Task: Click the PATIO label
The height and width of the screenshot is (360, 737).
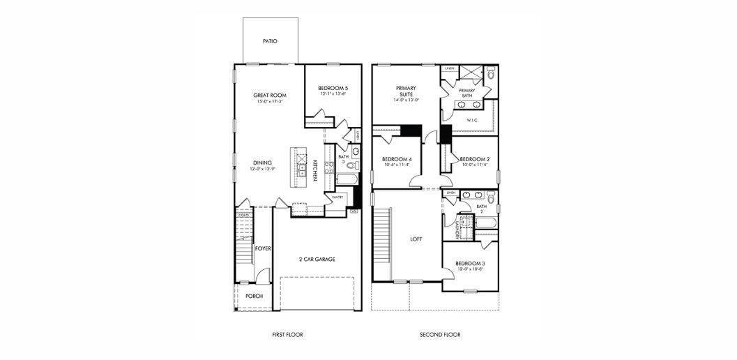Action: (x=270, y=41)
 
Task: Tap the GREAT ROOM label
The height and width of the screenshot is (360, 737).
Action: (x=270, y=95)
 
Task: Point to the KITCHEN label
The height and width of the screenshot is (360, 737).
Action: (x=315, y=171)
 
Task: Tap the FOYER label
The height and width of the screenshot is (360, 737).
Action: (x=262, y=248)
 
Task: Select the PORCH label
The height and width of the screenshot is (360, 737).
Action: (x=254, y=296)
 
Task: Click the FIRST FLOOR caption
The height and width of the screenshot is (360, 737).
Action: (x=288, y=335)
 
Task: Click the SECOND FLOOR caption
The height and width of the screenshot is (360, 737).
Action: (x=440, y=335)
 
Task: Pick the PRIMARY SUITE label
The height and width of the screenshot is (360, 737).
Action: (x=406, y=91)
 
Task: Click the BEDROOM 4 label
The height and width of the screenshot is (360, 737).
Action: (x=397, y=159)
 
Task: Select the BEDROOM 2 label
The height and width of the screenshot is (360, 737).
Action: (x=474, y=159)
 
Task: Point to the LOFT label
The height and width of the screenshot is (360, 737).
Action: (x=416, y=239)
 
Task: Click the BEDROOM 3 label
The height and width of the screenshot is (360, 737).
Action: (x=471, y=263)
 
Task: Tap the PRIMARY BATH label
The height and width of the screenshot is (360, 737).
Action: (x=467, y=93)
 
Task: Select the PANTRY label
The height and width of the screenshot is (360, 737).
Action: (x=337, y=197)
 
